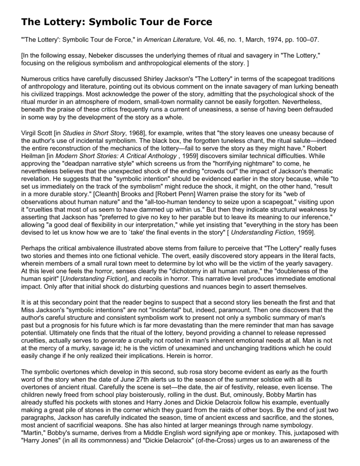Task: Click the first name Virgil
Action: [30, 133]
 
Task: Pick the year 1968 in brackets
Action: [136, 133]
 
